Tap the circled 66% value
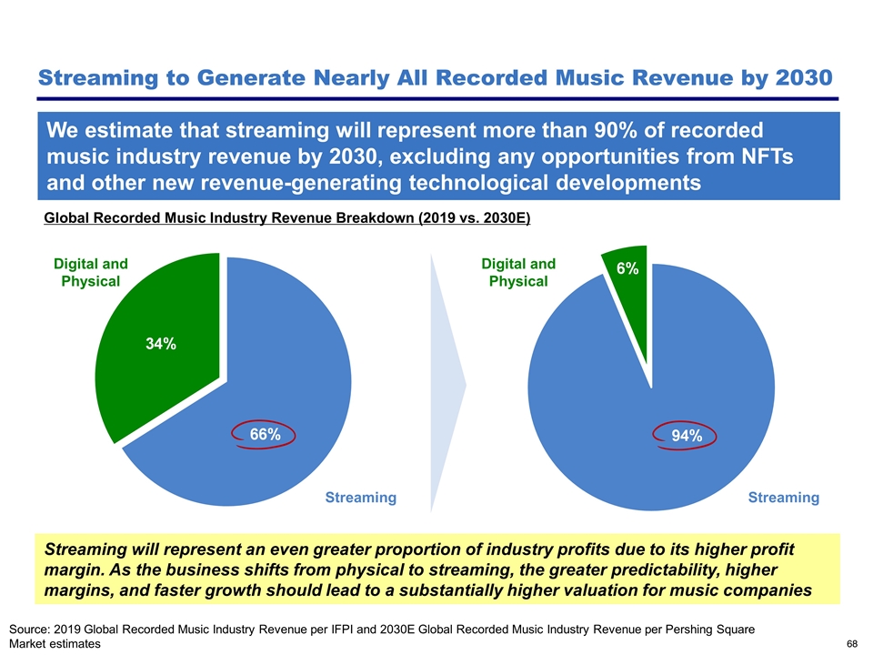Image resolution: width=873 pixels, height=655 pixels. point(265,435)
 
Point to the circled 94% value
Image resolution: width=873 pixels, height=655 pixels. point(687,436)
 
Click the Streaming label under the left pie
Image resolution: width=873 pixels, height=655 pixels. point(361,498)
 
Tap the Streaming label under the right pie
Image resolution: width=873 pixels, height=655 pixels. point(784,498)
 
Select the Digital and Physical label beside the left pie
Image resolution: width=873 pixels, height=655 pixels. point(90,272)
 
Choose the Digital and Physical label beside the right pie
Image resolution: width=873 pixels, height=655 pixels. point(518,272)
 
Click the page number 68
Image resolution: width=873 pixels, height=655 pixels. point(852,644)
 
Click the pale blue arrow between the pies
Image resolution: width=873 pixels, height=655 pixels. point(447,382)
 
